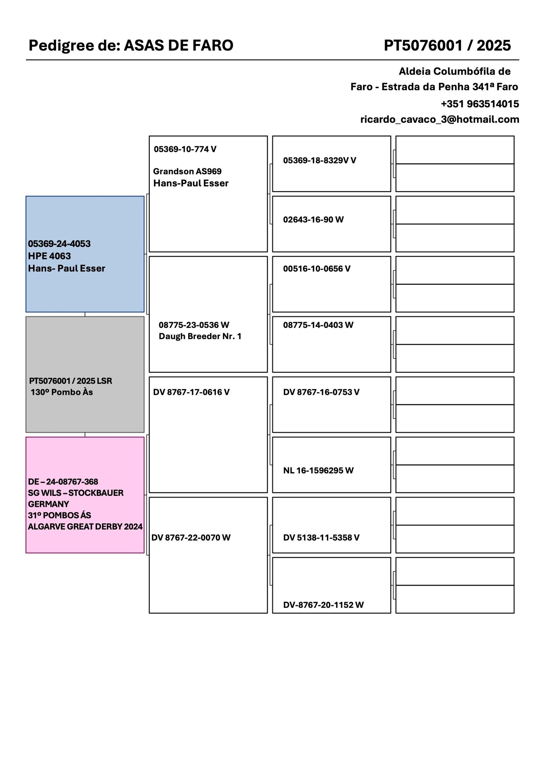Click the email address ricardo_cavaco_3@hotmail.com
point(439,119)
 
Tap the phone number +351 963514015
point(480,104)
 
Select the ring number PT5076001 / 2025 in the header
point(447,45)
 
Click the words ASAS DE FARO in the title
point(178,45)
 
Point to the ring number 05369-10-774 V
point(185,149)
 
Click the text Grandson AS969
point(187,171)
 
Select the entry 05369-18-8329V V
point(320,160)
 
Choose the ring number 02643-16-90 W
point(313,220)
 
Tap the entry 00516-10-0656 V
point(316,269)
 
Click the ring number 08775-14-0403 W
point(318,325)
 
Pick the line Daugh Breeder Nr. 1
point(200,336)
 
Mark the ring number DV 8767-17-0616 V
point(191,392)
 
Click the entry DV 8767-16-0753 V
point(321,392)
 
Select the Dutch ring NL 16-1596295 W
point(318,471)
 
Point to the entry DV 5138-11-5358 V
point(321,538)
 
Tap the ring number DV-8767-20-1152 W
point(323,605)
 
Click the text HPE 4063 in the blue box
point(49,256)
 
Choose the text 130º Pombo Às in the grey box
point(62,392)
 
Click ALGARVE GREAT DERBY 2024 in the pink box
point(85,526)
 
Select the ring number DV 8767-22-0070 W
point(191,538)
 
